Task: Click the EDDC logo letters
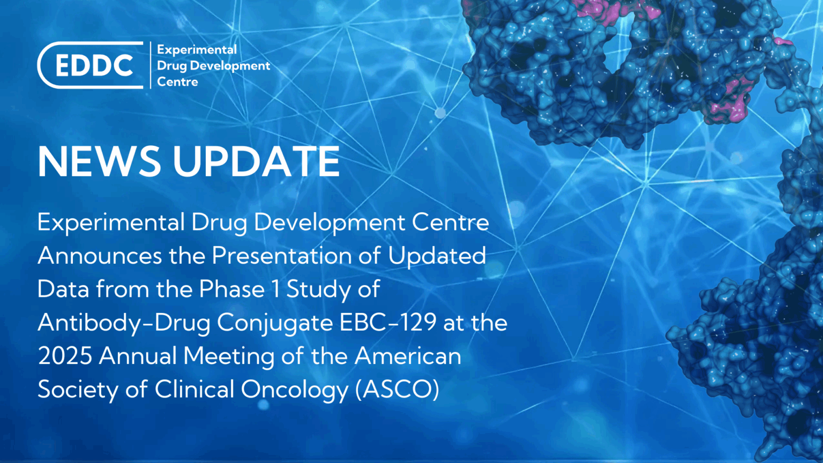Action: click(x=94, y=66)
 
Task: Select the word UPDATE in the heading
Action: click(x=256, y=161)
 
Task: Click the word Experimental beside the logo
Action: click(x=197, y=50)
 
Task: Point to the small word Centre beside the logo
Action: click(x=177, y=82)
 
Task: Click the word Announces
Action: click(x=100, y=256)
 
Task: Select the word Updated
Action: click(x=437, y=256)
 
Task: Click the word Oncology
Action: click(x=294, y=390)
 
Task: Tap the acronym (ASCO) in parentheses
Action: click(x=397, y=390)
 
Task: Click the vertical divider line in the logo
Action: click(x=151, y=65)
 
